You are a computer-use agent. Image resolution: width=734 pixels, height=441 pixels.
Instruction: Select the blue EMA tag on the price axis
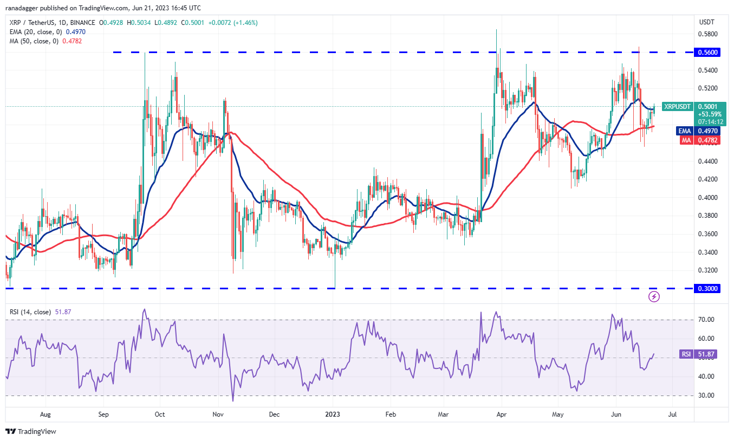click(x=684, y=131)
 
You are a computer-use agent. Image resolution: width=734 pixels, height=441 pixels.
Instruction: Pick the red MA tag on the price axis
click(x=684, y=140)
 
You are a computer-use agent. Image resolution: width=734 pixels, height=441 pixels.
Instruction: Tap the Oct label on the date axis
click(x=160, y=415)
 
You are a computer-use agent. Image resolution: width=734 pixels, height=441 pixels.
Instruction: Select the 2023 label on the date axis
click(x=332, y=415)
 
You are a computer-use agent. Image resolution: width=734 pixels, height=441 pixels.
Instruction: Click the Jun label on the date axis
click(x=615, y=415)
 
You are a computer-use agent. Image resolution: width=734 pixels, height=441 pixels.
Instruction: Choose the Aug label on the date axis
click(x=46, y=415)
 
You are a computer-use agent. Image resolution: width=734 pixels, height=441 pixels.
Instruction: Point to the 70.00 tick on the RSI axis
click(x=706, y=320)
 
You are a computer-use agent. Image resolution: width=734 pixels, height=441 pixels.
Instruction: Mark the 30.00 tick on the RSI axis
click(x=706, y=395)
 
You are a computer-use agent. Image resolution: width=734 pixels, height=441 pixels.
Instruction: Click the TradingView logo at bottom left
click(x=31, y=432)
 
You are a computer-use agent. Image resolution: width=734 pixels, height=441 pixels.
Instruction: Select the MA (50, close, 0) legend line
click(x=44, y=41)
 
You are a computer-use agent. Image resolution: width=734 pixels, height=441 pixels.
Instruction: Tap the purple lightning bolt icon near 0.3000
click(x=654, y=296)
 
